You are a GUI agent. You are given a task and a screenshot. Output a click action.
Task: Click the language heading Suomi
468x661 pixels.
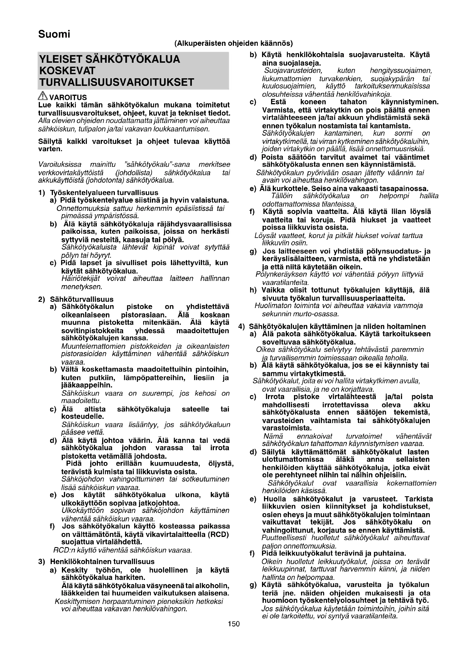[x=54, y=34]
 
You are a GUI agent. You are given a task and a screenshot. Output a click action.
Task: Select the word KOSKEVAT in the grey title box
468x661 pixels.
[x=67, y=71]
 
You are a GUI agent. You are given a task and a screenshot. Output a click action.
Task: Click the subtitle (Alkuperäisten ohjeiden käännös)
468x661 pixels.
[x=233, y=44]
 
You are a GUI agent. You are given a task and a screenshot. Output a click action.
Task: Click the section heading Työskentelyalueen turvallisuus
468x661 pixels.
[x=104, y=193]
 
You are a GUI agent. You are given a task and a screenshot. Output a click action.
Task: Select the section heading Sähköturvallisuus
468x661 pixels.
[x=81, y=299]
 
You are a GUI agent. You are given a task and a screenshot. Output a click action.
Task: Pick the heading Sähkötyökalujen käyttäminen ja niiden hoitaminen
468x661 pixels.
[x=337, y=326]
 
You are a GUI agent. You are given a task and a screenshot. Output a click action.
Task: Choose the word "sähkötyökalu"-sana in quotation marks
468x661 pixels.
[x=156, y=165]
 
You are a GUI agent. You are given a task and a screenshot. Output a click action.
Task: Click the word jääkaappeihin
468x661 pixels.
[x=87, y=385]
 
